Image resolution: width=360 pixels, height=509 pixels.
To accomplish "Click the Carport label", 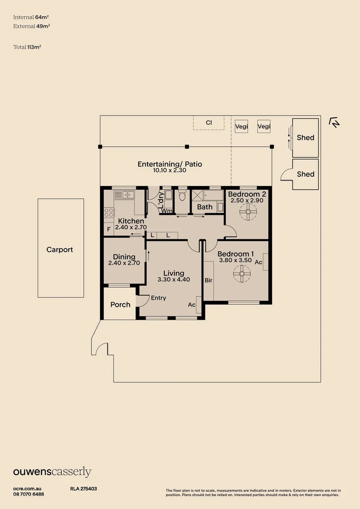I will coord(59,250).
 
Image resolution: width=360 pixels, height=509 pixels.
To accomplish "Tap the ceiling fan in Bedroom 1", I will coord(242,273).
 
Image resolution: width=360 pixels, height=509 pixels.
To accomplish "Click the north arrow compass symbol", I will coord(335,123).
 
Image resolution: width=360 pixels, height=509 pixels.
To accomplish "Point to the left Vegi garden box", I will coord(241,126).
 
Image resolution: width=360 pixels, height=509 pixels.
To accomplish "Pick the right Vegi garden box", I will coord(264,126).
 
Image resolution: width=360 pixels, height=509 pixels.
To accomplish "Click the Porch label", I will coord(120,304).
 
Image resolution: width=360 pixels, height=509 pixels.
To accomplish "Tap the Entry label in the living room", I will coord(158,298).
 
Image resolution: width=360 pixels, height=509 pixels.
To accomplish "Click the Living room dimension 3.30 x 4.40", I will coord(173,279).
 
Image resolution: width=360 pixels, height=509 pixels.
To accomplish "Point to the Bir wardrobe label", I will coord(209,280).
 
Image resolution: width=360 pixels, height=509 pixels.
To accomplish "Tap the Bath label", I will coord(205,207).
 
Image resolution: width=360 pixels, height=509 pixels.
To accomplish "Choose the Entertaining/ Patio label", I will coord(170,164).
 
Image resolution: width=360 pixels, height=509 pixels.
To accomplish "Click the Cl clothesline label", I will coord(209,123).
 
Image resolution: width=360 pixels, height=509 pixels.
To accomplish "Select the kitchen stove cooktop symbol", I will coord(109,213).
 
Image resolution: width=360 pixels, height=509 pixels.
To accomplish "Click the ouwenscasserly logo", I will coord(52,472).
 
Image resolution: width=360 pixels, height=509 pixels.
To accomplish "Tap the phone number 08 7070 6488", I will coord(29,494).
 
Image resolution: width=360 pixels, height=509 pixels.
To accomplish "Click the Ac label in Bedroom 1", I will coord(259,262).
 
